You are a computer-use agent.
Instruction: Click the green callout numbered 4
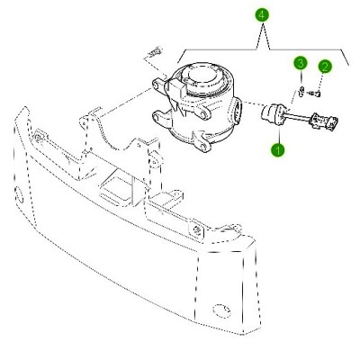click(262, 15)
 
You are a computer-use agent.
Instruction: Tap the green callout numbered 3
click(301, 63)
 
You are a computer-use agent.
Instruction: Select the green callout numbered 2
click(325, 67)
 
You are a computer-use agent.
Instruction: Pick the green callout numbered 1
click(278, 149)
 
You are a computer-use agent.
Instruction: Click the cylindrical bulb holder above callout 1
click(273, 114)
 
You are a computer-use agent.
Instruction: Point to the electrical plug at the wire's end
click(325, 121)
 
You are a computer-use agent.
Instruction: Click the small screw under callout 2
click(315, 94)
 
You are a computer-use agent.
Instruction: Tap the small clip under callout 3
click(301, 91)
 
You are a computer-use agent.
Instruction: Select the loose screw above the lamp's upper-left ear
click(153, 53)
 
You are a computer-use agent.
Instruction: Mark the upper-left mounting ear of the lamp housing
click(158, 85)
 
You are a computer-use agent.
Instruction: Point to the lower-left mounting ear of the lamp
click(162, 119)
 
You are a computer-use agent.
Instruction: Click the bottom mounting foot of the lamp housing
click(202, 141)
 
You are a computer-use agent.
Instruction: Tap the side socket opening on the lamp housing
click(236, 112)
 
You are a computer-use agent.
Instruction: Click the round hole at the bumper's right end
click(221, 310)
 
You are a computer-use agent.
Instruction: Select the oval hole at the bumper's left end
click(20, 195)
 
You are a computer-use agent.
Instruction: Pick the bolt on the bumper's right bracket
click(198, 230)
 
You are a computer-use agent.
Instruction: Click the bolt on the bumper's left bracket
click(38, 138)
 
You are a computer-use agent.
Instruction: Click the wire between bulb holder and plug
click(298, 117)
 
